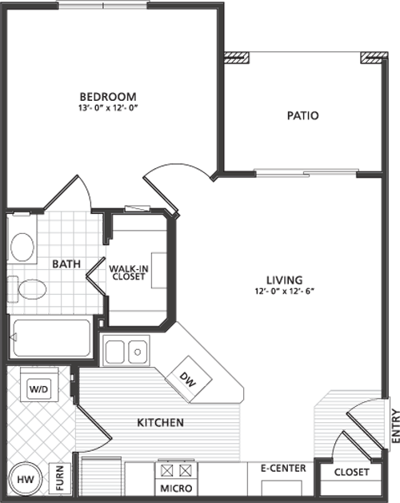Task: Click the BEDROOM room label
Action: coord(108,97)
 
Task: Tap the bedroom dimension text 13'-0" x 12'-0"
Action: coord(108,108)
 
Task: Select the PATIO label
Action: coord(303,115)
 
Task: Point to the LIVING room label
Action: coord(285,280)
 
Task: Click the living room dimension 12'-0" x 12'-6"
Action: coord(285,292)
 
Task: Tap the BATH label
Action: coord(66,264)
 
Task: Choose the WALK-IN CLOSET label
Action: coord(129,272)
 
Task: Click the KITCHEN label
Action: coord(160,422)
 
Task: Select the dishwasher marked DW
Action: coord(189,380)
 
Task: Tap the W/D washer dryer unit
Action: coord(39,389)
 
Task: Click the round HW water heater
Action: coord(26,480)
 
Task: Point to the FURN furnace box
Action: coord(60,479)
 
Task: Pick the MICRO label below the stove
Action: coord(176,489)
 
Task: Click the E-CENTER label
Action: coord(283,469)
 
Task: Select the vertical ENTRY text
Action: coord(395,426)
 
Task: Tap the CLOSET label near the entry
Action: coord(352,473)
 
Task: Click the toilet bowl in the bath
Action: coord(32,289)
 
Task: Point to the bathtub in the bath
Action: coord(51,338)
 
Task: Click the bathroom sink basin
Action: coord(22,247)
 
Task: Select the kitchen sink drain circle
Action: coord(138,352)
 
